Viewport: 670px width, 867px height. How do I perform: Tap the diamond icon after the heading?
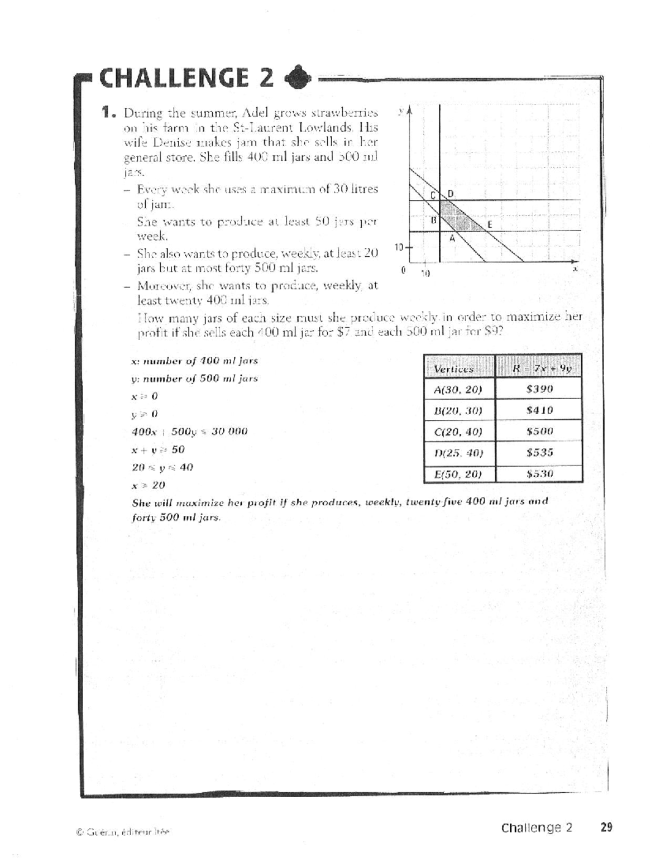coord(296,79)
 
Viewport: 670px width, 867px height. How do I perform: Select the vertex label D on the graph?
coord(451,194)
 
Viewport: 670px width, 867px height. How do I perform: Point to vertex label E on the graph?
coord(490,224)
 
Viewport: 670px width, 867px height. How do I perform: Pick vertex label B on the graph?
coord(433,220)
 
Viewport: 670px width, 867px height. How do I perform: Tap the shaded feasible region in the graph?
coord(455,216)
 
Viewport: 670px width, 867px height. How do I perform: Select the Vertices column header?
coord(453,369)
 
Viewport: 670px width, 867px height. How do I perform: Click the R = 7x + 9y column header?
coord(539,368)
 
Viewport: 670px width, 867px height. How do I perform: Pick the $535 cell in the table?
coord(539,453)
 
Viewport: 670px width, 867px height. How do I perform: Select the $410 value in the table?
coord(539,410)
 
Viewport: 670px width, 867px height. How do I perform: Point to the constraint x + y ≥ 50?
coord(158,449)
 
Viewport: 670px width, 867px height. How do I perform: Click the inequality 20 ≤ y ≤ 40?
coord(162,467)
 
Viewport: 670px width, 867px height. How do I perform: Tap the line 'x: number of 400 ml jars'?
coord(194,361)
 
